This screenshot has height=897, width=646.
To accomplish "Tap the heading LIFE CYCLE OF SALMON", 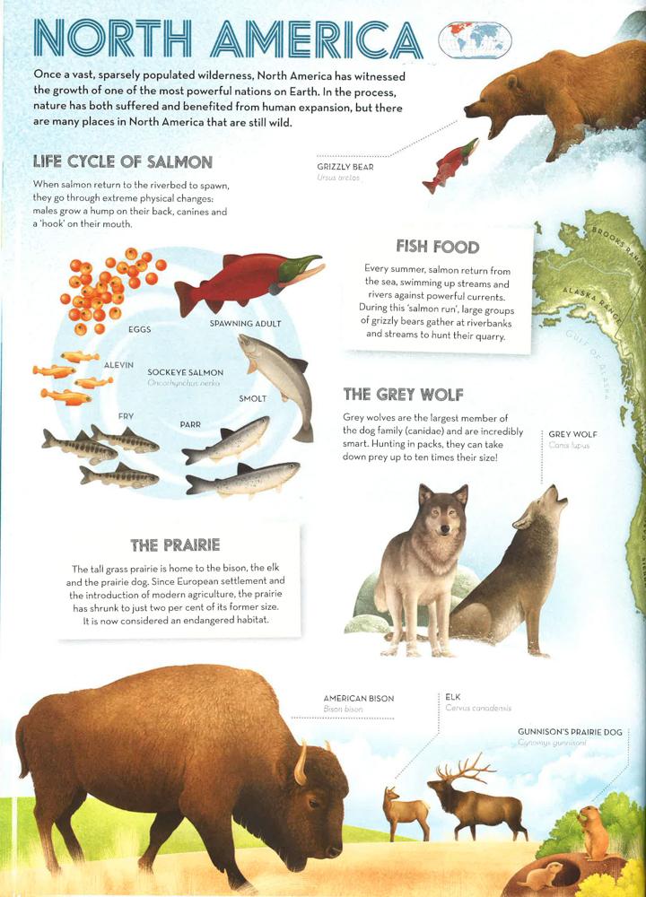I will (x=122, y=162).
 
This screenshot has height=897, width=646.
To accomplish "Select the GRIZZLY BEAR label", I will (x=345, y=167).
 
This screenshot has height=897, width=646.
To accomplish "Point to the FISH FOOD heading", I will (x=438, y=247).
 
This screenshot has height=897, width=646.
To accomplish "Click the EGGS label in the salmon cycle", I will (x=139, y=330).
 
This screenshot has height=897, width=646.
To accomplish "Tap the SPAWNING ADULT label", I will (x=245, y=324).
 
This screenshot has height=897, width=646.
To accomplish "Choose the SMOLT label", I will (x=252, y=398).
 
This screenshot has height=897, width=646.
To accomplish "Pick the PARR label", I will (x=189, y=423).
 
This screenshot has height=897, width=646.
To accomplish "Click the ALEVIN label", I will (x=119, y=365).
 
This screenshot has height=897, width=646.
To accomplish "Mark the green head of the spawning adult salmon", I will (x=300, y=266).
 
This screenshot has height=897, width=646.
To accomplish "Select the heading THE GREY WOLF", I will (x=404, y=395).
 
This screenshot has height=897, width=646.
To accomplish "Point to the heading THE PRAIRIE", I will (x=175, y=544).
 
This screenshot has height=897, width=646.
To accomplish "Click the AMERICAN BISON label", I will (x=358, y=699).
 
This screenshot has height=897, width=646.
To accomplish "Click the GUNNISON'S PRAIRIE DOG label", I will (x=570, y=732).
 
